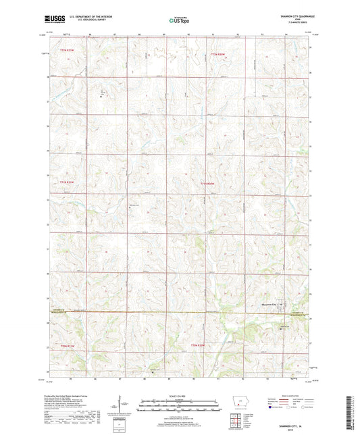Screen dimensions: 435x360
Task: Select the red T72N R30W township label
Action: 217,53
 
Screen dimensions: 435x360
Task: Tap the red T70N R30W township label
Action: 197,344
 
